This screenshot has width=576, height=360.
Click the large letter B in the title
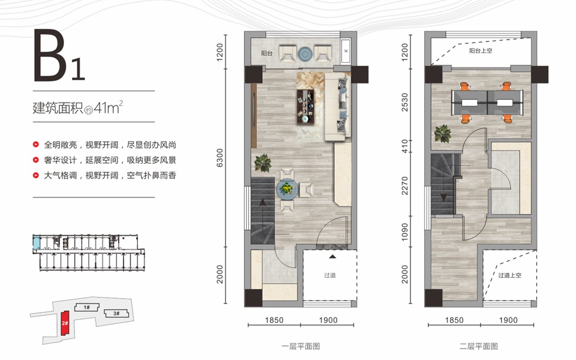(50, 55)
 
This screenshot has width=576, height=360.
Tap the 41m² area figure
(108, 107)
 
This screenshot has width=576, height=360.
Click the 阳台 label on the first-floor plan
(267, 53)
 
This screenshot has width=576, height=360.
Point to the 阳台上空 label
(481, 50)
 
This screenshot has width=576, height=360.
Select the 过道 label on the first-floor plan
(330, 275)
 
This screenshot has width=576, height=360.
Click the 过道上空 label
(509, 275)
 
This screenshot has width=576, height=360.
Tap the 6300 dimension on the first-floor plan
(220, 158)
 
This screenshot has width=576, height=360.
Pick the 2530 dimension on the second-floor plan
(404, 102)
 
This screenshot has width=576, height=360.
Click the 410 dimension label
(404, 146)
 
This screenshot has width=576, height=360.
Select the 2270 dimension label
(404, 185)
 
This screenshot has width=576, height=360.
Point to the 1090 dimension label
(404, 232)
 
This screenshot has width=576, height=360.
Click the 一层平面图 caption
(301, 346)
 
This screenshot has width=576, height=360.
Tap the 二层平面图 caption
(479, 346)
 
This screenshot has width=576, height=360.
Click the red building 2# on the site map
(65, 323)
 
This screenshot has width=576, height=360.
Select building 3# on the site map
(116, 313)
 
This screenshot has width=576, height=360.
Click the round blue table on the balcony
(305, 54)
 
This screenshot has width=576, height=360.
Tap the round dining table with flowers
(287, 189)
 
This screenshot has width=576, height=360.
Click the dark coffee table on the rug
(305, 107)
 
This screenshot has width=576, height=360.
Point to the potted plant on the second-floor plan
(442, 133)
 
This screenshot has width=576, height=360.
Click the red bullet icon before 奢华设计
(35, 160)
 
